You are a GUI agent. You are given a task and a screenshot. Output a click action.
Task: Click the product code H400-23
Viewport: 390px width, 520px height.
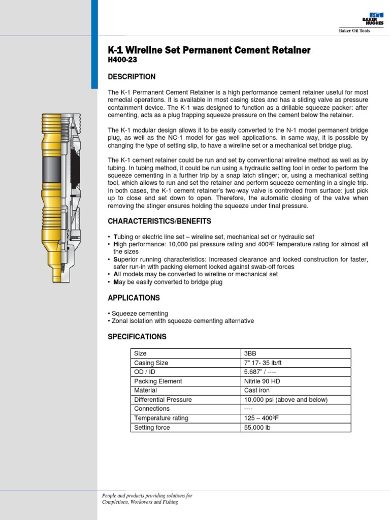coord(122,60)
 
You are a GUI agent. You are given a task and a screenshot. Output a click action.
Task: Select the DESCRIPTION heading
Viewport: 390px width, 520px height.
coord(132,77)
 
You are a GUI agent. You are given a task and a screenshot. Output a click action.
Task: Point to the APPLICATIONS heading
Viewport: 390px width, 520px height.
coord(134,298)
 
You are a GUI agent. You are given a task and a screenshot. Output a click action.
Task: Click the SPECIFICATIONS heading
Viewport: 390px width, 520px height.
coord(137,337)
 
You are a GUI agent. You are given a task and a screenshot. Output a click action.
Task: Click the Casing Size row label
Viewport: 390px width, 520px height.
coord(151,363)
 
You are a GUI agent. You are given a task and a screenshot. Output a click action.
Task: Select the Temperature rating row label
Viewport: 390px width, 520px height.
coord(161,418)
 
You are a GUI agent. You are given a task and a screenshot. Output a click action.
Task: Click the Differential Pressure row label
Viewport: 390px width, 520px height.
coord(162,400)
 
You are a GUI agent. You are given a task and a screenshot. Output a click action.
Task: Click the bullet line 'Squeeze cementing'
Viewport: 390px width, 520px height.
coord(139,314)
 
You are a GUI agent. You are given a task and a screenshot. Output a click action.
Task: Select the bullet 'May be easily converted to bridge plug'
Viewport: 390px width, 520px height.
coord(166,282)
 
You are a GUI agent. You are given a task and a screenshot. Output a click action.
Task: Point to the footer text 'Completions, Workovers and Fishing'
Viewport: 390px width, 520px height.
coord(140,502)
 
